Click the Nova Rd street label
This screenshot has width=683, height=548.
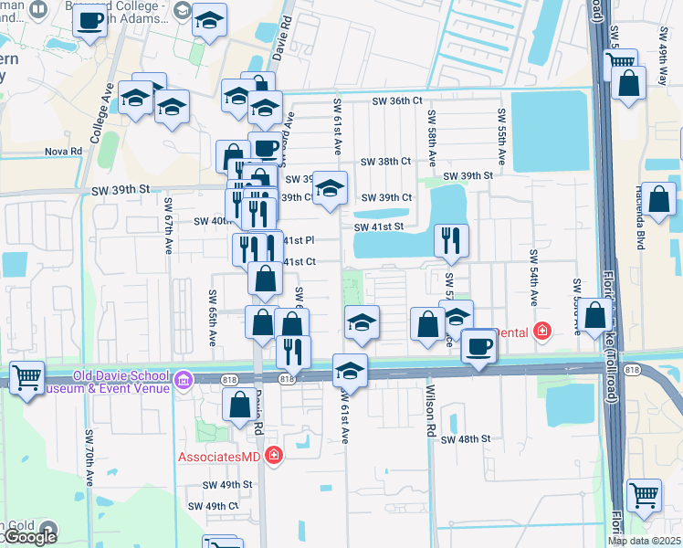(x=63, y=152)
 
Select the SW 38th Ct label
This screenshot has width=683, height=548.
(x=386, y=161)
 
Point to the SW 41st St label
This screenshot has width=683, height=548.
(x=379, y=227)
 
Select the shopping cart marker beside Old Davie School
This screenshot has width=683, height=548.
(x=27, y=375)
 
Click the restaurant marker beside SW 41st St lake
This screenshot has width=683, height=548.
(x=451, y=239)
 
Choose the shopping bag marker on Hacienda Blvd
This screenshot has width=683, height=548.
(x=661, y=198)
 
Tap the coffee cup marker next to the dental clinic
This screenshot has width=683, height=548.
(x=478, y=345)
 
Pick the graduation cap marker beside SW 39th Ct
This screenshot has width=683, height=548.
(x=330, y=188)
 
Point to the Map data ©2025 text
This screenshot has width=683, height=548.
(x=644, y=542)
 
